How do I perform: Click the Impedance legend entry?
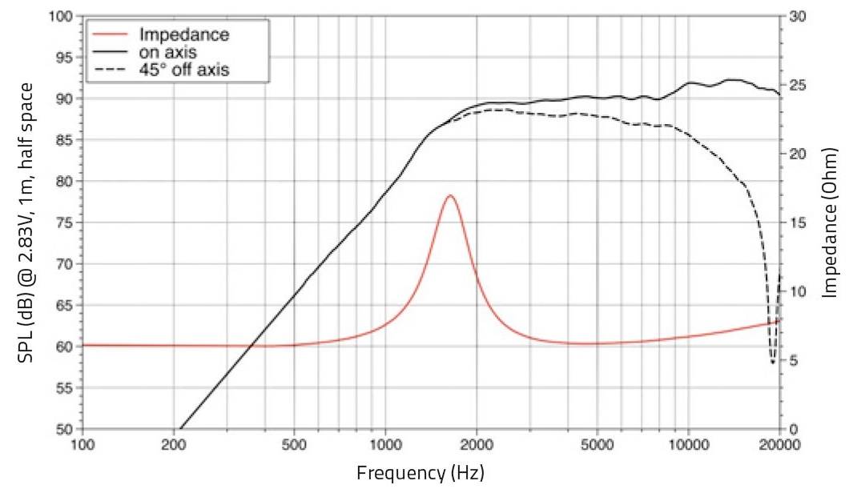point(184,34)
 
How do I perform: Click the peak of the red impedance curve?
point(450,195)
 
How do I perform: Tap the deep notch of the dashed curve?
point(772,363)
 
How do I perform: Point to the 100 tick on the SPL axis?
point(66,17)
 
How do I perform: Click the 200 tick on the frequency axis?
point(174,445)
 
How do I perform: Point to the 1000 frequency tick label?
point(387,445)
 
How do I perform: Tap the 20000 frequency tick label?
point(780,445)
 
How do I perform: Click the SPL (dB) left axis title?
point(30,222)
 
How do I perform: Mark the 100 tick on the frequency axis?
point(83,445)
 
